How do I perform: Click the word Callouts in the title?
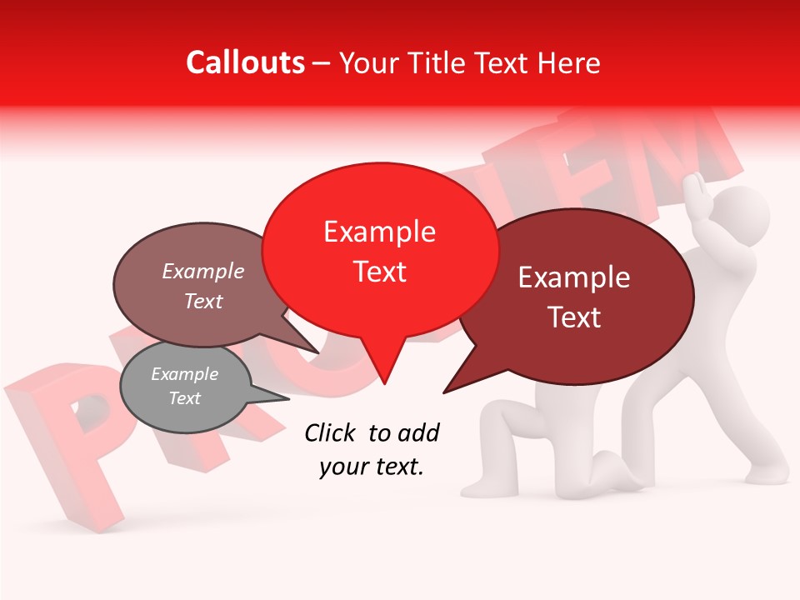pos(246,62)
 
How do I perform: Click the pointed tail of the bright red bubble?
pos(383,371)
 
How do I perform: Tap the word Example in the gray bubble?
pos(185,374)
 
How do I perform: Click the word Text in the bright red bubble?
pos(380,272)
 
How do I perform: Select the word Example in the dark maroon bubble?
pos(574,277)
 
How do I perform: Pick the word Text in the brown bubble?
pos(203,301)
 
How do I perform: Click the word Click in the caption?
pos(330,432)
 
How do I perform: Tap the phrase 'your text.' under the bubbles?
pos(372,467)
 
